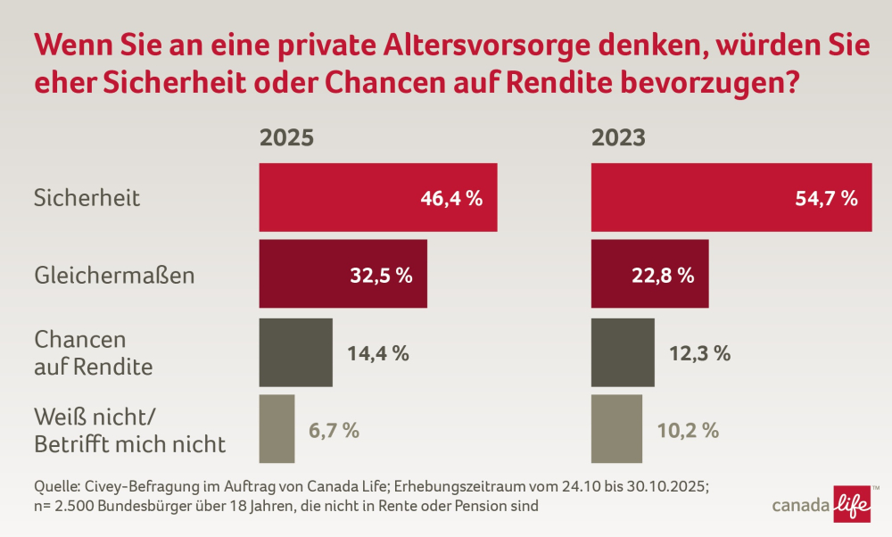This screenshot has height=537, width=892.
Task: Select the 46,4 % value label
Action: pyautogui.click(x=451, y=198)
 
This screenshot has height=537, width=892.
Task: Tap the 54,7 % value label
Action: pyautogui.click(x=826, y=198)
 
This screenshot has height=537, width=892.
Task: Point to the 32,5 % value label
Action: pyautogui.click(x=381, y=275)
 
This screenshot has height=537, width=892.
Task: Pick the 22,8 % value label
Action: pyautogui.click(x=663, y=275)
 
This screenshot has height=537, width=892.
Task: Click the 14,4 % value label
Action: pyautogui.click(x=377, y=352)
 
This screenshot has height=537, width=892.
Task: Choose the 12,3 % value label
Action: pyautogui.click(x=699, y=352)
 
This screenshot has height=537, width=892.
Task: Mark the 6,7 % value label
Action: pyautogui.click(x=334, y=430)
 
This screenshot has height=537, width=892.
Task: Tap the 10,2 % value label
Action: pyautogui.click(x=688, y=430)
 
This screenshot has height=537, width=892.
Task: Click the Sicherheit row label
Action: pyautogui.click(x=87, y=198)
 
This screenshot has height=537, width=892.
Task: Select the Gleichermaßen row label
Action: pyautogui.click(x=113, y=275)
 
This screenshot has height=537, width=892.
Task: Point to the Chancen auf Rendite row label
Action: pyautogui.click(x=93, y=352)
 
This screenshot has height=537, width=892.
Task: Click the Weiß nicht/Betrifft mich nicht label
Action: pyautogui.click(x=129, y=430)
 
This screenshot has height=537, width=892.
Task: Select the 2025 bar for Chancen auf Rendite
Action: pyautogui.click(x=295, y=352)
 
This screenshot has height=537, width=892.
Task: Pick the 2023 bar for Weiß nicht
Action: pyautogui.click(x=616, y=430)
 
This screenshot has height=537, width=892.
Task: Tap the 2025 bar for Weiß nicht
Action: pyautogui.click(x=277, y=430)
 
